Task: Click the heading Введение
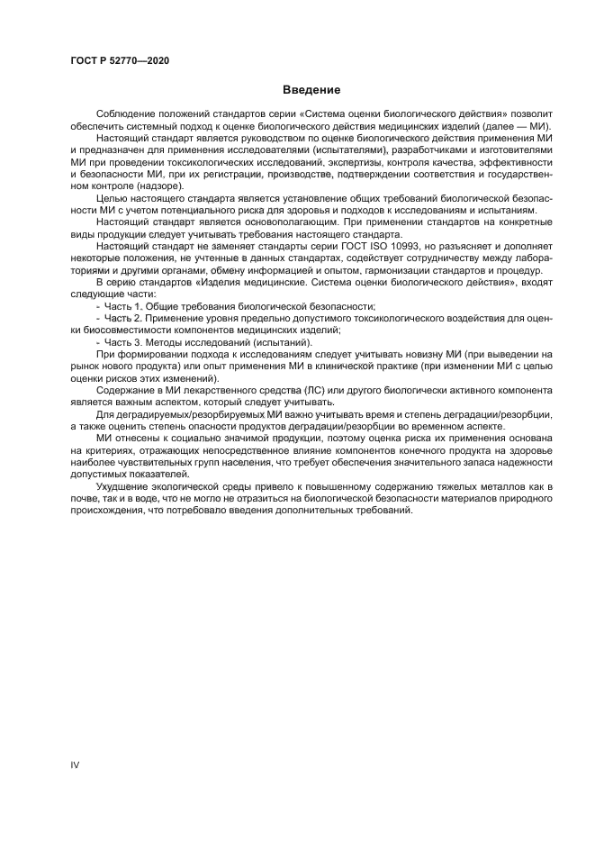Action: [x=296, y=91]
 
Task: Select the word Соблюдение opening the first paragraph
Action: [x=129, y=114]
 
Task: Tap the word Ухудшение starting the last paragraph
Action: [x=125, y=485]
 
